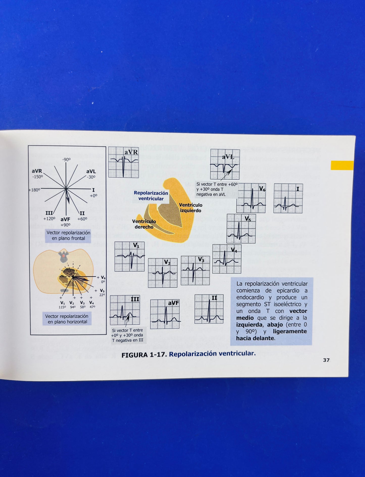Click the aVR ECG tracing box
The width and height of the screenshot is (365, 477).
pyautogui.click(x=124, y=162)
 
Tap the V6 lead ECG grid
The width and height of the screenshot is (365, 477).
pyautogui.click(x=251, y=198)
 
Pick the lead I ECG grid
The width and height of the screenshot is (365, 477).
pyautogui.click(x=288, y=198)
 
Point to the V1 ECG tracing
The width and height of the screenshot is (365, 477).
pyautogui.click(x=130, y=256)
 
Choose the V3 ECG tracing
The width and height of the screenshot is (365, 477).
pyautogui.click(x=195, y=270)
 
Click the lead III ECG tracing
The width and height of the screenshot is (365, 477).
pyautogui.click(x=125, y=310)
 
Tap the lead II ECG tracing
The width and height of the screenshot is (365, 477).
pyautogui.click(x=209, y=309)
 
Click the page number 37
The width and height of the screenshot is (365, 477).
pyautogui.click(x=326, y=360)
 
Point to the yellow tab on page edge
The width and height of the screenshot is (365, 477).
pyautogui.click(x=342, y=165)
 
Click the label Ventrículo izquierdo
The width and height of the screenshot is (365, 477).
pyautogui.click(x=190, y=208)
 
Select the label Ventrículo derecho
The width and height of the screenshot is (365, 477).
pyautogui.click(x=144, y=224)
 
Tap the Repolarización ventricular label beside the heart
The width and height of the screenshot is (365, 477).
pyautogui.click(x=151, y=196)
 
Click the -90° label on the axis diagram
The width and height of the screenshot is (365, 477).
pyautogui.click(x=66, y=159)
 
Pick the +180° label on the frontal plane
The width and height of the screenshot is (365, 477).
pyautogui.click(x=35, y=190)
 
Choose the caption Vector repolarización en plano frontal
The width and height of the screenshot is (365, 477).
pyautogui.click(x=68, y=235)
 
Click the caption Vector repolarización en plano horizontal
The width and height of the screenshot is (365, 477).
pyautogui.click(x=67, y=319)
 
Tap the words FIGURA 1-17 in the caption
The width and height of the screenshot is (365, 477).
pyautogui.click(x=143, y=355)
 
